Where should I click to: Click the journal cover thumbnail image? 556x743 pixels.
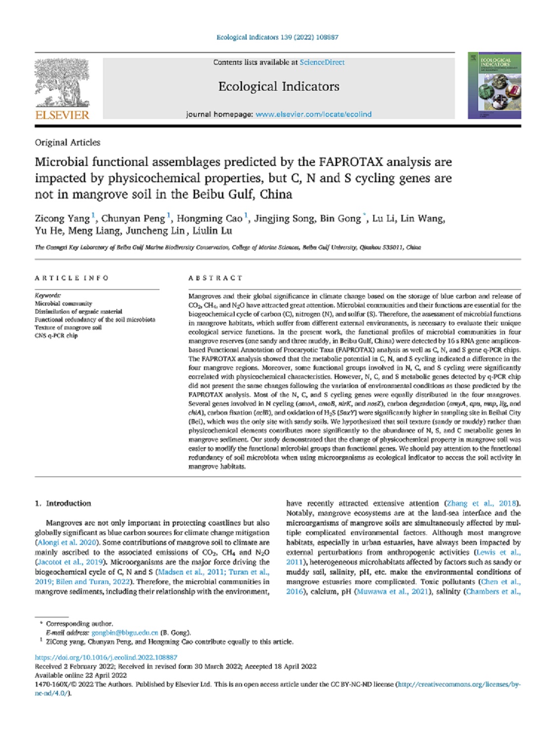(494, 85)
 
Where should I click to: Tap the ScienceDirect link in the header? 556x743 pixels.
(322, 62)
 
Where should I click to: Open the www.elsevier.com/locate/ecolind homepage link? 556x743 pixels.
(313, 114)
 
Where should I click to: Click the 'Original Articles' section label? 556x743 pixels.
(67, 143)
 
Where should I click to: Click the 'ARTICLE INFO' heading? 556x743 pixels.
(72, 278)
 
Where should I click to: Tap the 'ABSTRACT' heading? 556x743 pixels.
(215, 278)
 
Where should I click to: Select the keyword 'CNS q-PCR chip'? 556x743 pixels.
(56, 336)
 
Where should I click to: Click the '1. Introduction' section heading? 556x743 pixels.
(63, 503)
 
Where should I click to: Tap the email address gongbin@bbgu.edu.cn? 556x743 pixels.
(125, 633)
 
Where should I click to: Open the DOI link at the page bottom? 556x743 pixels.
(106, 657)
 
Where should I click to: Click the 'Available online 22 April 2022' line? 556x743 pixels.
(81, 675)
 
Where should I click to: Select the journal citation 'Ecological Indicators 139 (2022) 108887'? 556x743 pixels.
(277, 37)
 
